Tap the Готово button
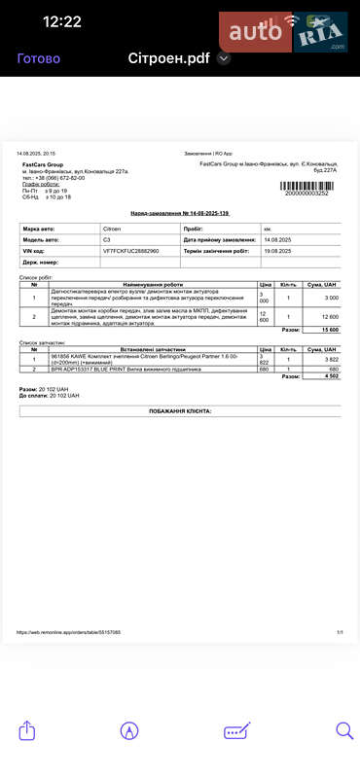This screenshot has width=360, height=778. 39,57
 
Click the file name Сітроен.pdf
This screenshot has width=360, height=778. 170,57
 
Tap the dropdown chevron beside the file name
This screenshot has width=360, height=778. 224,58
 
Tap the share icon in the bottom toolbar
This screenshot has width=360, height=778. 27,730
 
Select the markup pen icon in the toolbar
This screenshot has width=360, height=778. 129,730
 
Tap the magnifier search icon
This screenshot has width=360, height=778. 344,730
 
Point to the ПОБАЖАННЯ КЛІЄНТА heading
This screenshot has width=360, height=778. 180,411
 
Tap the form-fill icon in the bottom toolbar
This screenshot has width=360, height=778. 236,730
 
